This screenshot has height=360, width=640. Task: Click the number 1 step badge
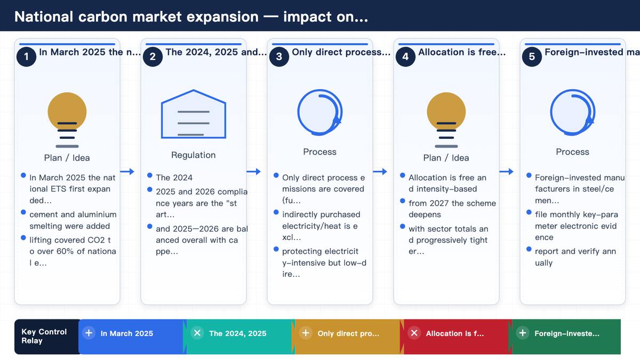pyautogui.click(x=26, y=57)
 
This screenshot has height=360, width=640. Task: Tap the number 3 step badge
pyautogui.click(x=279, y=57)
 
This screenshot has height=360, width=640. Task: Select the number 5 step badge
pyautogui.click(x=532, y=57)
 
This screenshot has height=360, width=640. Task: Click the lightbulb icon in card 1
pyautogui.click(x=67, y=119)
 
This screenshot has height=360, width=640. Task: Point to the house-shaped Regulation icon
pyautogui.click(x=194, y=114)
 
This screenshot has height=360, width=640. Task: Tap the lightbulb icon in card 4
pyautogui.click(x=446, y=119)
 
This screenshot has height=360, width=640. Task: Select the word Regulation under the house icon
pyautogui.click(x=194, y=155)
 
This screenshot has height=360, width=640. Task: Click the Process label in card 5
pyautogui.click(x=573, y=151)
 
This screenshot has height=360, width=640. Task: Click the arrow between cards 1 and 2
pyautogui.click(x=127, y=171)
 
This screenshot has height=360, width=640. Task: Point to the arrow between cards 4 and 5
pyautogui.click(x=506, y=171)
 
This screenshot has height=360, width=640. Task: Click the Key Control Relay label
pyautogui.click(x=44, y=337)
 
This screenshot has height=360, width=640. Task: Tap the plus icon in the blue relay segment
pyautogui.click(x=89, y=333)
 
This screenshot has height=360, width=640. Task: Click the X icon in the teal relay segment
pyautogui.click(x=197, y=333)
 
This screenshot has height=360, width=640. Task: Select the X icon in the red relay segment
pyautogui.click(x=414, y=333)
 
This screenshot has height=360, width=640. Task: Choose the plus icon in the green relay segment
pyautogui.click(x=523, y=333)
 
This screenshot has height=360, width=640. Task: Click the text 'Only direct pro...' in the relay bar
pyautogui.click(x=348, y=333)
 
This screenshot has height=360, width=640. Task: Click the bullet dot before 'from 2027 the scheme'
pyautogui.click(x=403, y=201)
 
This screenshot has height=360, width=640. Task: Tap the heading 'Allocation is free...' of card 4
pyautogui.click(x=462, y=52)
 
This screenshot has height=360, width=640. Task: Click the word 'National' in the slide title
pyautogui.click(x=44, y=17)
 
